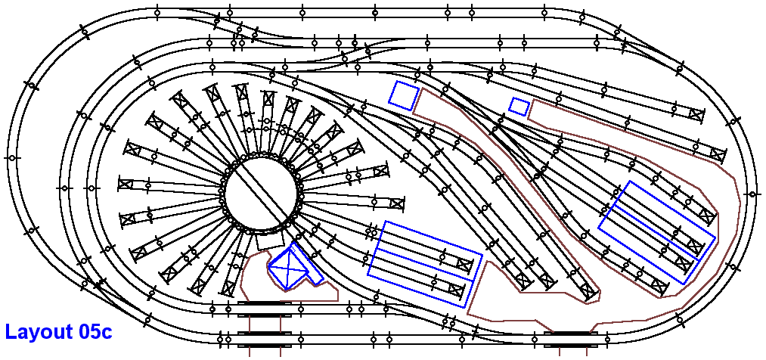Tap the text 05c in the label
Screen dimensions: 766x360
(x=95, y=332)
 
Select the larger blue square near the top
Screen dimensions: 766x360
(x=404, y=95)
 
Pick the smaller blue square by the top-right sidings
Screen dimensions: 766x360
(x=519, y=107)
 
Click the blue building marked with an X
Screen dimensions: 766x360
(x=288, y=268)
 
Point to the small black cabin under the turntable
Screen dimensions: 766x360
(x=270, y=241)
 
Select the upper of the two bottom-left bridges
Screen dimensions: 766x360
(x=265, y=304)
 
